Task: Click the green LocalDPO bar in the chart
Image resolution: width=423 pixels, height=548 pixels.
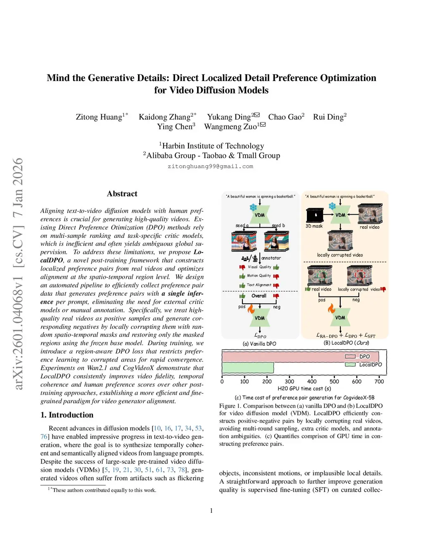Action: click(248, 367)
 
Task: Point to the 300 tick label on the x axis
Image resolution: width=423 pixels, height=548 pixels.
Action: click(290, 381)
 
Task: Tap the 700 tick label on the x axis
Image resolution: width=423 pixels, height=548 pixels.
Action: click(379, 381)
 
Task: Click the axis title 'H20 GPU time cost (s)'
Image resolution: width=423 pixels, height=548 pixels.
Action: click(304, 388)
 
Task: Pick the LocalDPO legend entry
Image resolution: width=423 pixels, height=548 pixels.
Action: click(370, 364)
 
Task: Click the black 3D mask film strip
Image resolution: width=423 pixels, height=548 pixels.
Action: click(315, 215)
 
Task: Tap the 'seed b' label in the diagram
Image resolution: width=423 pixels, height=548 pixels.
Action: click(278, 225)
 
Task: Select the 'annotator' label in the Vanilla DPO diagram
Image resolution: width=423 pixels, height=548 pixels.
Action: click(271, 258)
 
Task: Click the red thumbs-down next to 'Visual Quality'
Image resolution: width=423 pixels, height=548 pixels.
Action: click(242, 267)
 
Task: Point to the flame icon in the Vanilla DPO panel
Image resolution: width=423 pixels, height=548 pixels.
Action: click(251, 309)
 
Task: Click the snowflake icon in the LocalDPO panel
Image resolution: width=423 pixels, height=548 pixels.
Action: click(332, 206)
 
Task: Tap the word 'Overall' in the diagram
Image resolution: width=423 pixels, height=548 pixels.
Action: click(259, 296)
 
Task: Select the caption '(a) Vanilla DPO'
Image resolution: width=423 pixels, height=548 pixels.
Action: click(259, 344)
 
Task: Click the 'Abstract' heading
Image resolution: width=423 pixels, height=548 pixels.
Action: click(122, 194)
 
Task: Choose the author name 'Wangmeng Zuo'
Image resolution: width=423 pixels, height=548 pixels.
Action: click(230, 127)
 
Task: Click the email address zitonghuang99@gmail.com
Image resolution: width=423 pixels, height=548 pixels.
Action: click(210, 166)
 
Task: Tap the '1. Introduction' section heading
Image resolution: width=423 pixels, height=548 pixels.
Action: click(67, 414)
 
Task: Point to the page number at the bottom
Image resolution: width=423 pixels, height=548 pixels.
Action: click(211, 510)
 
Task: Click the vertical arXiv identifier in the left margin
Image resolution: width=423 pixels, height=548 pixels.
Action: click(17, 273)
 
